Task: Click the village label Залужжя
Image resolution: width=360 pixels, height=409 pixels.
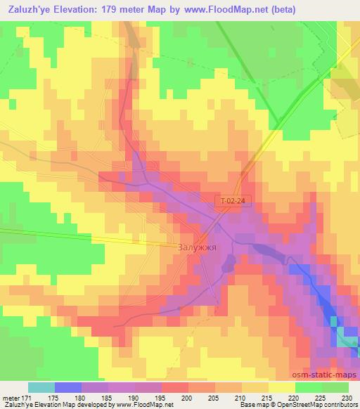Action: click(195, 248)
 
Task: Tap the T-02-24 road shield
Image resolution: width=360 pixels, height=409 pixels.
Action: click(232, 202)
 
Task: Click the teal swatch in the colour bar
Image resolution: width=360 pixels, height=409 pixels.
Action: click(41, 387)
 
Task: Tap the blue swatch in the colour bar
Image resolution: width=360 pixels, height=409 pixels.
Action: click(68, 387)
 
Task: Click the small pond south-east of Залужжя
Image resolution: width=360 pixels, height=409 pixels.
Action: click(229, 264)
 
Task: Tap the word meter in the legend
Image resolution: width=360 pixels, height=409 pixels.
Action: click(13, 399)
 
